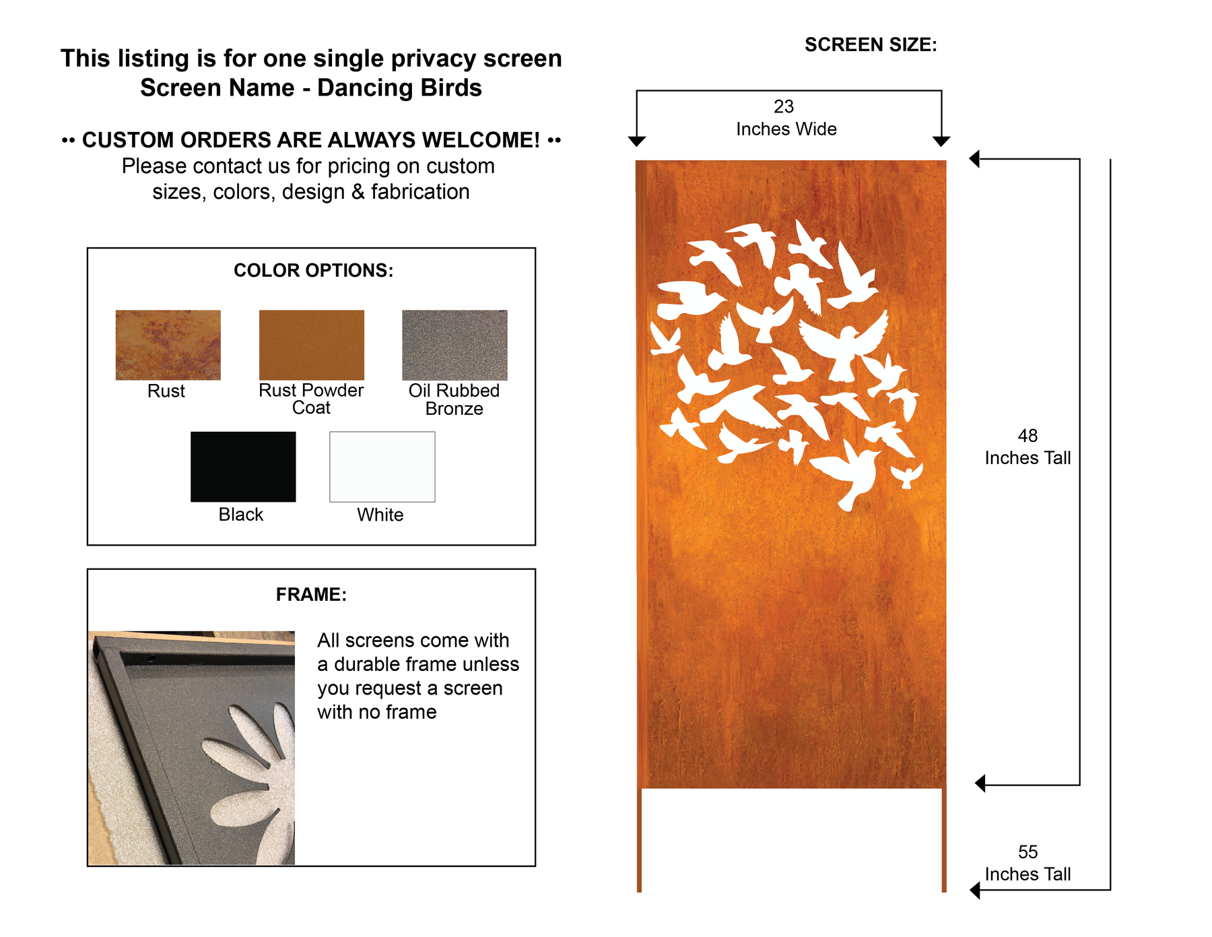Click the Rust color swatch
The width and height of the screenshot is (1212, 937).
pos(168,345)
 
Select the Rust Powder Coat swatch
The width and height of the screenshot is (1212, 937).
pos(312,345)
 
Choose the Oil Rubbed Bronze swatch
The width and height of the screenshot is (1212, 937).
pos(454,345)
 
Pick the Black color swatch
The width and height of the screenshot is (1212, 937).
pos(243,467)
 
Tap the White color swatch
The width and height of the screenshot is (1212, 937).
pos(382,467)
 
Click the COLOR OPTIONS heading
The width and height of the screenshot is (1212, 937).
pos(313,271)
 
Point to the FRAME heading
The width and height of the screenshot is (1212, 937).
pos(311,595)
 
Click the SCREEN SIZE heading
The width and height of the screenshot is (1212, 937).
pos(871,45)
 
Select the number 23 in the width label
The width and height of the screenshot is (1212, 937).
pos(784,106)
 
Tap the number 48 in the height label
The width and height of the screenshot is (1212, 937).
pos(1028,436)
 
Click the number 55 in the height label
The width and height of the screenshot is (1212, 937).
pos(1028,852)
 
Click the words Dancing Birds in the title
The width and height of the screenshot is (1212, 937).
pos(399,88)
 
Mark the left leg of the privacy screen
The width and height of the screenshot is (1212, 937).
pos(640,840)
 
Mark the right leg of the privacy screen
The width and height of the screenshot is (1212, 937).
pos(944,840)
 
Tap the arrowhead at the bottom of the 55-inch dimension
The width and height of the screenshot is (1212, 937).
pos(975,891)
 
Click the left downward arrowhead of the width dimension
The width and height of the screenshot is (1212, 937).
pos(637,141)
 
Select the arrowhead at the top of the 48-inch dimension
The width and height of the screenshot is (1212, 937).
pos(974,159)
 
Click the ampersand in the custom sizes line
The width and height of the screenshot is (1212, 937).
pos(358,192)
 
